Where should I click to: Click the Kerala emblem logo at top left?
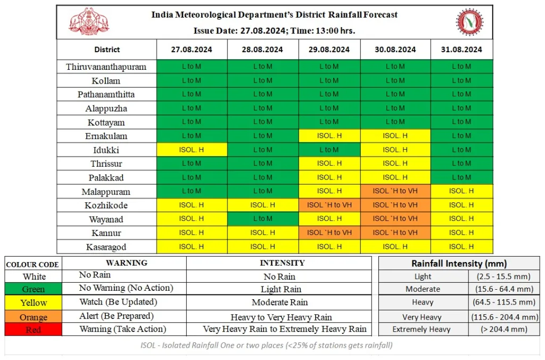coord(89,22)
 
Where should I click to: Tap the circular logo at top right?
coord(469,22)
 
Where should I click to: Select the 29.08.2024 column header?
coord(329,50)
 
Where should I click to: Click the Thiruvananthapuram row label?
coord(106,67)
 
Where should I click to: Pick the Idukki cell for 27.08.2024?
coord(192,150)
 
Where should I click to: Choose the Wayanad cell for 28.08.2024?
coord(262,219)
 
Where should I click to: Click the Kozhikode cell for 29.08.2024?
coord(329,205)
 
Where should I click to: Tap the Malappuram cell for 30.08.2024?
coord(395,191)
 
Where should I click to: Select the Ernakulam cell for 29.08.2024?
coord(329,136)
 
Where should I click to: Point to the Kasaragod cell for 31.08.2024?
coord(461,247)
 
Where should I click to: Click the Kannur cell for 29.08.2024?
coord(329,233)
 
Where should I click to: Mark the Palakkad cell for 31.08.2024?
coord(461,177)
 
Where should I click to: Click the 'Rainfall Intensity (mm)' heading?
coord(459,263)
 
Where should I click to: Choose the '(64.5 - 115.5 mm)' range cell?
coord(502,302)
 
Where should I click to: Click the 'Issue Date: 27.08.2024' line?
coord(274,30)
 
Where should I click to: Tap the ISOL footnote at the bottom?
coord(266,345)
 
